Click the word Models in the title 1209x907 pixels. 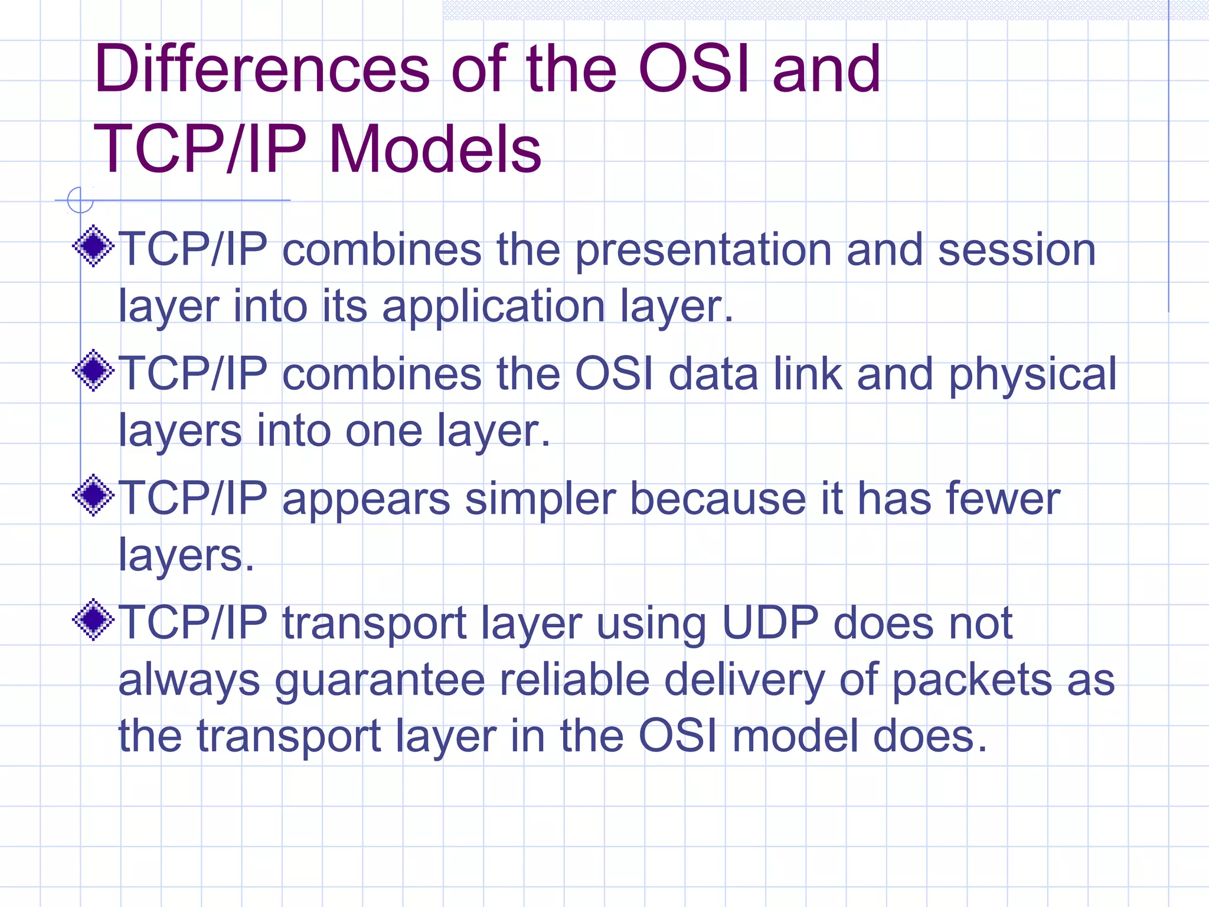434,150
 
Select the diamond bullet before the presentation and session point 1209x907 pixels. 93,246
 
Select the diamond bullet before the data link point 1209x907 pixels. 93,370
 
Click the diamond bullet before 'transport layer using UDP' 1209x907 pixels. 93,619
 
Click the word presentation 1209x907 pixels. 703,251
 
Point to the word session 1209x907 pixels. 1017,250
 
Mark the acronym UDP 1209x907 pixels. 770,623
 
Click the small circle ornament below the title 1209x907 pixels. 80,200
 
